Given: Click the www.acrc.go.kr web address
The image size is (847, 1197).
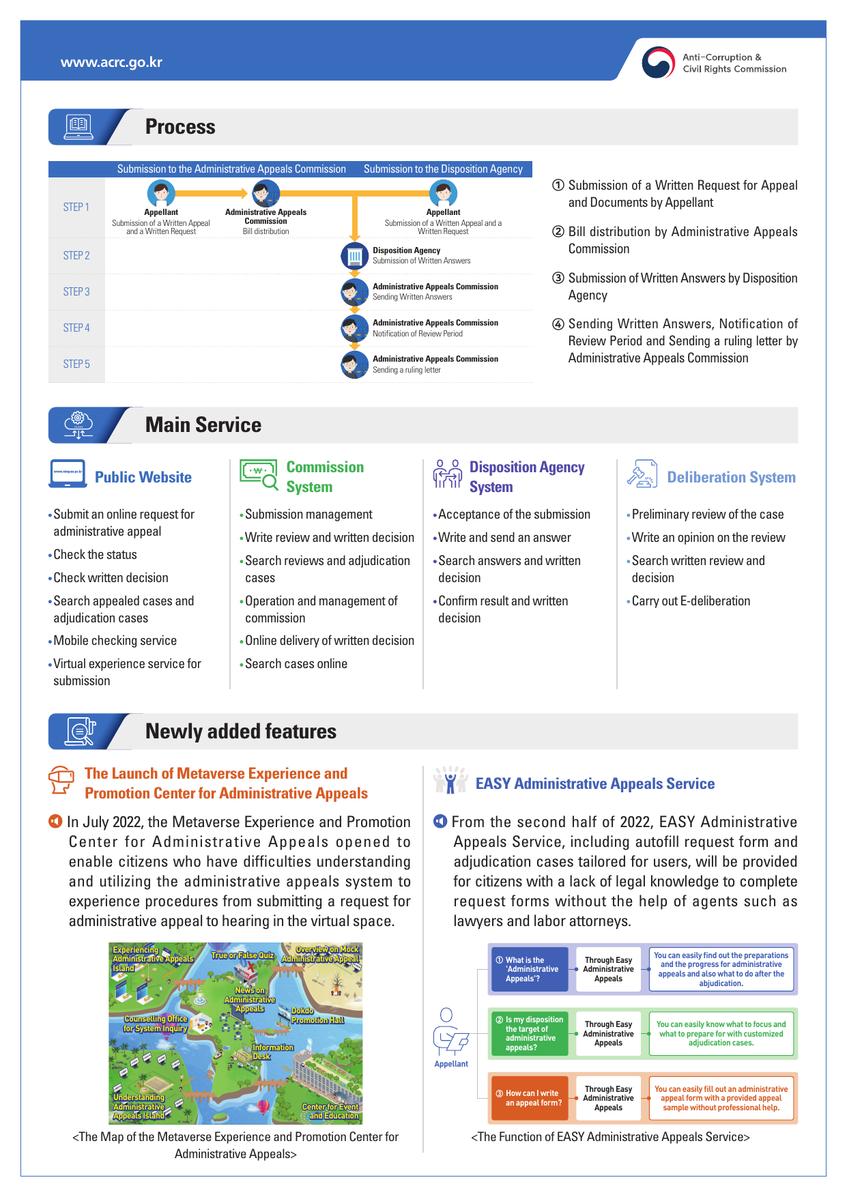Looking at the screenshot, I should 111,62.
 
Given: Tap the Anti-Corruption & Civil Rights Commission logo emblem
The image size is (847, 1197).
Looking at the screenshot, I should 658,62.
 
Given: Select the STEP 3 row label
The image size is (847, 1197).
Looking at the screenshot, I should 76,291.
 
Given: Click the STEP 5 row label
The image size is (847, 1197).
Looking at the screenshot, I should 76,364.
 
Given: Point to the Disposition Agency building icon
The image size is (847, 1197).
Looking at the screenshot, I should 354,256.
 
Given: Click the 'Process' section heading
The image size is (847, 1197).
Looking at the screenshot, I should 180,127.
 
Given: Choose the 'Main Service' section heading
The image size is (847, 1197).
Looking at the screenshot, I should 203,425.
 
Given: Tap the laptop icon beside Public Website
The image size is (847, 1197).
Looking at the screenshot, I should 68,473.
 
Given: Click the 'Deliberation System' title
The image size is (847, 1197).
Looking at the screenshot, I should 731,477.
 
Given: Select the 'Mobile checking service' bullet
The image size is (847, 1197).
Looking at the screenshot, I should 115,640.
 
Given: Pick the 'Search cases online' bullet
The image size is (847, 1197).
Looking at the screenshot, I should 296,663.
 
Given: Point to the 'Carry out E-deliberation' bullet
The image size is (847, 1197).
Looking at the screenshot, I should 690,601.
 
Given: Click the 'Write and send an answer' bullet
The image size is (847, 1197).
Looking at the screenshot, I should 504,537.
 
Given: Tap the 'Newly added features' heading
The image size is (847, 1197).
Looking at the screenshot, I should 240,732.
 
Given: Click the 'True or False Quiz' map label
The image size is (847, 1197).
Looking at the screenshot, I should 242,955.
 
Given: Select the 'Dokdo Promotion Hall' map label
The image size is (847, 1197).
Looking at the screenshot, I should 317,1015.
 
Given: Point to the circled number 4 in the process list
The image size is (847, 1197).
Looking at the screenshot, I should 558,324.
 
